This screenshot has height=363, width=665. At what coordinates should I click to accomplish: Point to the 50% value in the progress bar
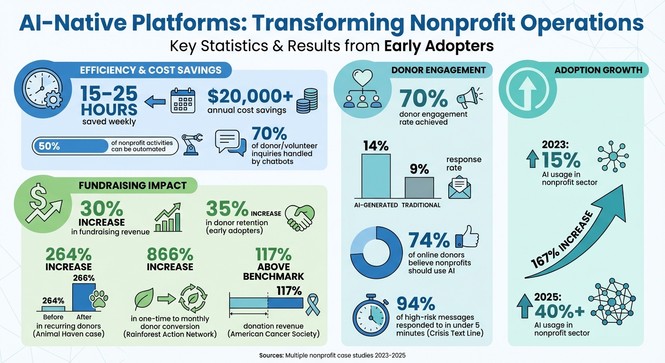[x=50, y=146]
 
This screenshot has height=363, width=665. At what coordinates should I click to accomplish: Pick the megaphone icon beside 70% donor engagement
[x=468, y=96]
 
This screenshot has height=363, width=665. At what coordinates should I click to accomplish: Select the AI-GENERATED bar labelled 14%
[x=376, y=175]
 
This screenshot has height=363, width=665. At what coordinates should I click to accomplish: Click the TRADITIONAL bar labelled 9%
[x=419, y=187]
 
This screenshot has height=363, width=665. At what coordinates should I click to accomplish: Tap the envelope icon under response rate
[x=460, y=187]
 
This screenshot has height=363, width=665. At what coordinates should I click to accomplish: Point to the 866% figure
[x=170, y=254]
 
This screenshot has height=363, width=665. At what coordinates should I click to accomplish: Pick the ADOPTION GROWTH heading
[x=598, y=70]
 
